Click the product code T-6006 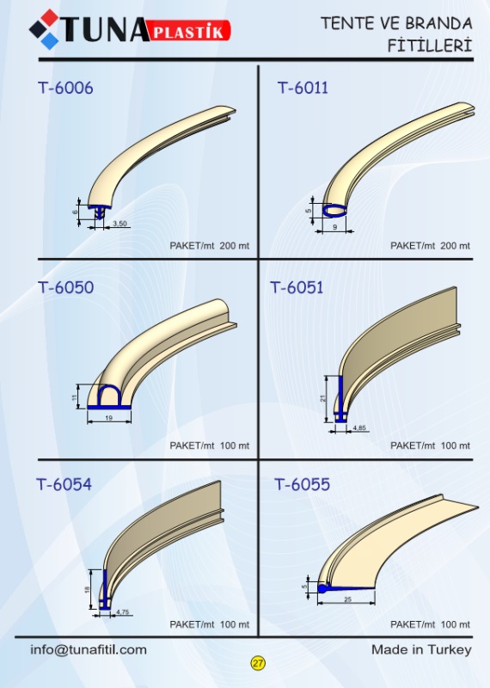(x=65, y=88)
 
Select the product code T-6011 (x=303, y=88)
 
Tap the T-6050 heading (x=66, y=287)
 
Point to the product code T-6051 (x=297, y=287)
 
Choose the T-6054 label (x=64, y=484)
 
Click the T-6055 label (x=303, y=484)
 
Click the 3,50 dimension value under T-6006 (x=119, y=224)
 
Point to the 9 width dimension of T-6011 (x=334, y=227)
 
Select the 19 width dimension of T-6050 (x=109, y=418)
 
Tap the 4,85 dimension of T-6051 (x=359, y=427)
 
